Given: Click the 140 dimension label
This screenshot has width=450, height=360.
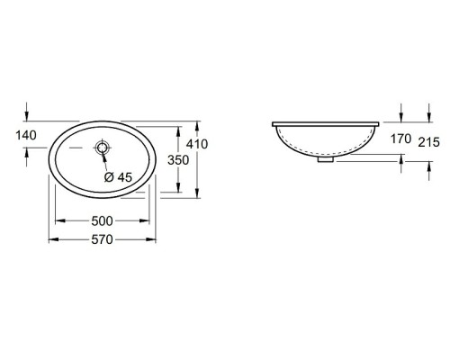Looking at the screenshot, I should pyautogui.click(x=14, y=136).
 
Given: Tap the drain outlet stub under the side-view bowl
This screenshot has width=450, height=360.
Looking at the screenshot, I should pyautogui.click(x=326, y=161).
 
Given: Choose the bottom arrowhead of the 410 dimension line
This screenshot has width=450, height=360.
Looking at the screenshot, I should pyautogui.click(x=197, y=193).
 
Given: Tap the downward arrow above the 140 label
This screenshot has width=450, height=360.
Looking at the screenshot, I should pyautogui.click(x=29, y=114).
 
